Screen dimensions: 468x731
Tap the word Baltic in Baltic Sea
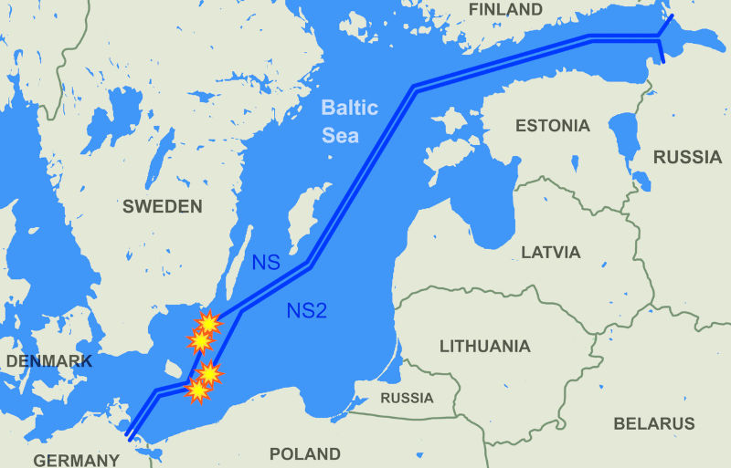[348, 109]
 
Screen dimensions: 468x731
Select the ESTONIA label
[552, 126]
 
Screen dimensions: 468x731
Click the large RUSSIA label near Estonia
[687, 157]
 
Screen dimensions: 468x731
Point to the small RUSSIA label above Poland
[407, 399]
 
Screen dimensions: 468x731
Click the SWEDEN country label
[162, 207]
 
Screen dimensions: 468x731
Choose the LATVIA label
[550, 252]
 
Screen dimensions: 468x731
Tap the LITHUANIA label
[484, 347]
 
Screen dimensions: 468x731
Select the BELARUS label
[653, 424]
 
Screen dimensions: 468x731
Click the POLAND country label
[305, 453]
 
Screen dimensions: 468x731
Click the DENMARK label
[48, 361]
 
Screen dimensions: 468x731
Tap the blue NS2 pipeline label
[306, 310]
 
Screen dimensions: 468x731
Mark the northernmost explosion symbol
[209, 322]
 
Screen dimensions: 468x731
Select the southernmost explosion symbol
[197, 390]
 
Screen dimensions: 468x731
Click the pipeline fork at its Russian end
[660, 37]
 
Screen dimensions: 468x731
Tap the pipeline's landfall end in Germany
[131, 435]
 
